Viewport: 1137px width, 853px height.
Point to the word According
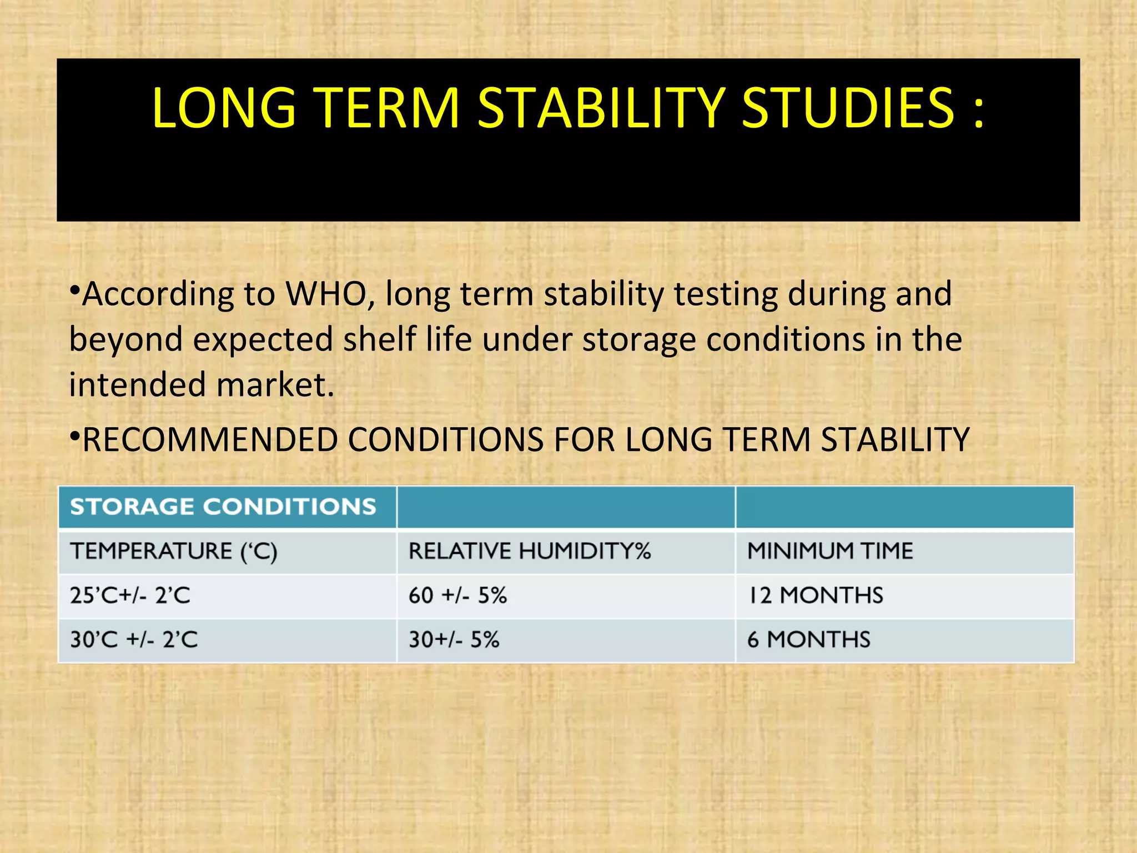[158, 295]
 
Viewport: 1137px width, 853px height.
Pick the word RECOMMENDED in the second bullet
[210, 440]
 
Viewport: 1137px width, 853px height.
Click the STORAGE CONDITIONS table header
[223, 506]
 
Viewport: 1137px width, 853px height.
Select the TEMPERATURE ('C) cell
[173, 551]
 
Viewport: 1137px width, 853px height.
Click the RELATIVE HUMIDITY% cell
[530, 551]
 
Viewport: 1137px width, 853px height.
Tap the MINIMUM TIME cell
[830, 551]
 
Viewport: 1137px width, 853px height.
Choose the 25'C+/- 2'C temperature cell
[130, 596]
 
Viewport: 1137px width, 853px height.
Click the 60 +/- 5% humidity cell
[457, 596]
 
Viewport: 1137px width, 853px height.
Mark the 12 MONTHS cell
[815, 596]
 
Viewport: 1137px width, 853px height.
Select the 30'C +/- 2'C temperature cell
[134, 640]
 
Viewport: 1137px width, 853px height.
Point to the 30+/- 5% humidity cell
[454, 640]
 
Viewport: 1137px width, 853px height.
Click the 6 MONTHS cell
[808, 640]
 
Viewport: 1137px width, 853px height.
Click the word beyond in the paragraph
[125, 339]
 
